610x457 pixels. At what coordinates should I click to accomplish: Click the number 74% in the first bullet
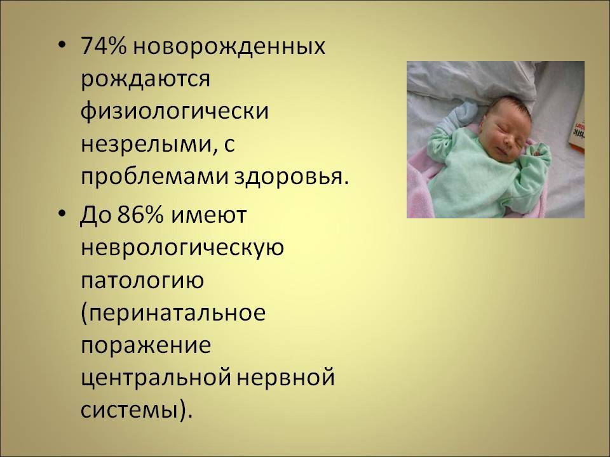pos(104,46)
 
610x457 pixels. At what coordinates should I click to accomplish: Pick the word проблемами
pos(154,178)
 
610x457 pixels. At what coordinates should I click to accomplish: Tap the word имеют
pos(208,216)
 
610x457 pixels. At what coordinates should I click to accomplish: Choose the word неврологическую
pos(182,249)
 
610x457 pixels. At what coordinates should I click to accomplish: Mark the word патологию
pos(142,281)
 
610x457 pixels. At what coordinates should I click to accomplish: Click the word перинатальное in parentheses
pos(173,314)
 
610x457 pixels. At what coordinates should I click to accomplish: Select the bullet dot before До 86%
pos(62,214)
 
